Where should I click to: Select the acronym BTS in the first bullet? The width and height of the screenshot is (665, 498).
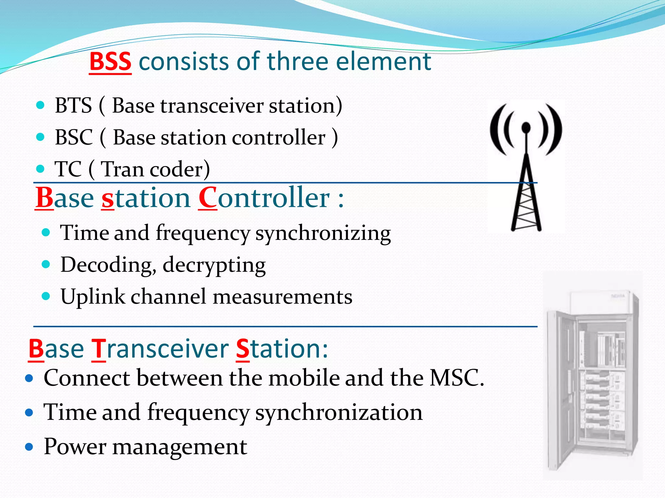[73, 106]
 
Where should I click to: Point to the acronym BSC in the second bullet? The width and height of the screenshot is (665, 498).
[74, 137]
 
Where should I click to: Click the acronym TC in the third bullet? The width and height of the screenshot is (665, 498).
[68, 169]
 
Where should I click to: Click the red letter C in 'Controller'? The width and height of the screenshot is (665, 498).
[207, 198]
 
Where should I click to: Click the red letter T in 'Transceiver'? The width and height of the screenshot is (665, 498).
[98, 350]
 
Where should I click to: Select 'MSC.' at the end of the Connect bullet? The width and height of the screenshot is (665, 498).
[457, 378]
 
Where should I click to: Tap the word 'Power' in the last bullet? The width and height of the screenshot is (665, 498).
[75, 447]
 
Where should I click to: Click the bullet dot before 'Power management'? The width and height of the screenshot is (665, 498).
[29, 447]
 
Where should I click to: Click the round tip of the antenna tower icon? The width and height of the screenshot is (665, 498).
[526, 127]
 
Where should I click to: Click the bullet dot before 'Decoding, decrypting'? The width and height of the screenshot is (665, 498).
[46, 264]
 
